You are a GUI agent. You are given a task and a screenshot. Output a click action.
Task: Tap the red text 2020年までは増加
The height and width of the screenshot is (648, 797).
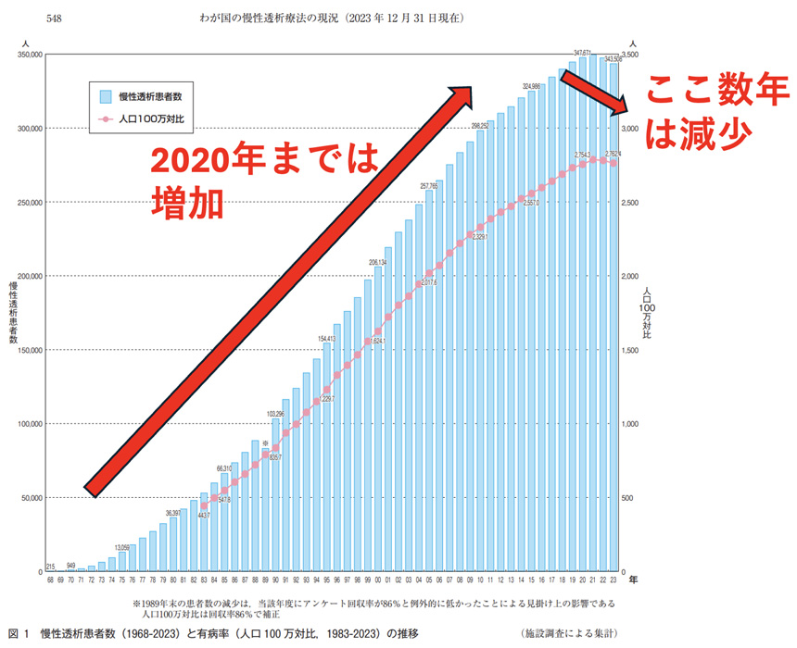pos(264,181)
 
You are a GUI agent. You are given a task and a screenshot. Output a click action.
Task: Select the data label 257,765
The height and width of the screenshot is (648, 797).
pos(429,186)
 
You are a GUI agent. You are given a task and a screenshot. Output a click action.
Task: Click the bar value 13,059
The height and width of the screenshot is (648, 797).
pos(122,547)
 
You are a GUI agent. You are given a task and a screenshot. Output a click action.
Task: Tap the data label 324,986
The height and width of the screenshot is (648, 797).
pos(532,87)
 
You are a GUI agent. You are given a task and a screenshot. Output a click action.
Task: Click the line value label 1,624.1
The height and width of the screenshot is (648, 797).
pos(376,342)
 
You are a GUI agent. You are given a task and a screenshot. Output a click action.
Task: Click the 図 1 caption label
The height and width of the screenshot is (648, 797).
pos(19,633)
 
